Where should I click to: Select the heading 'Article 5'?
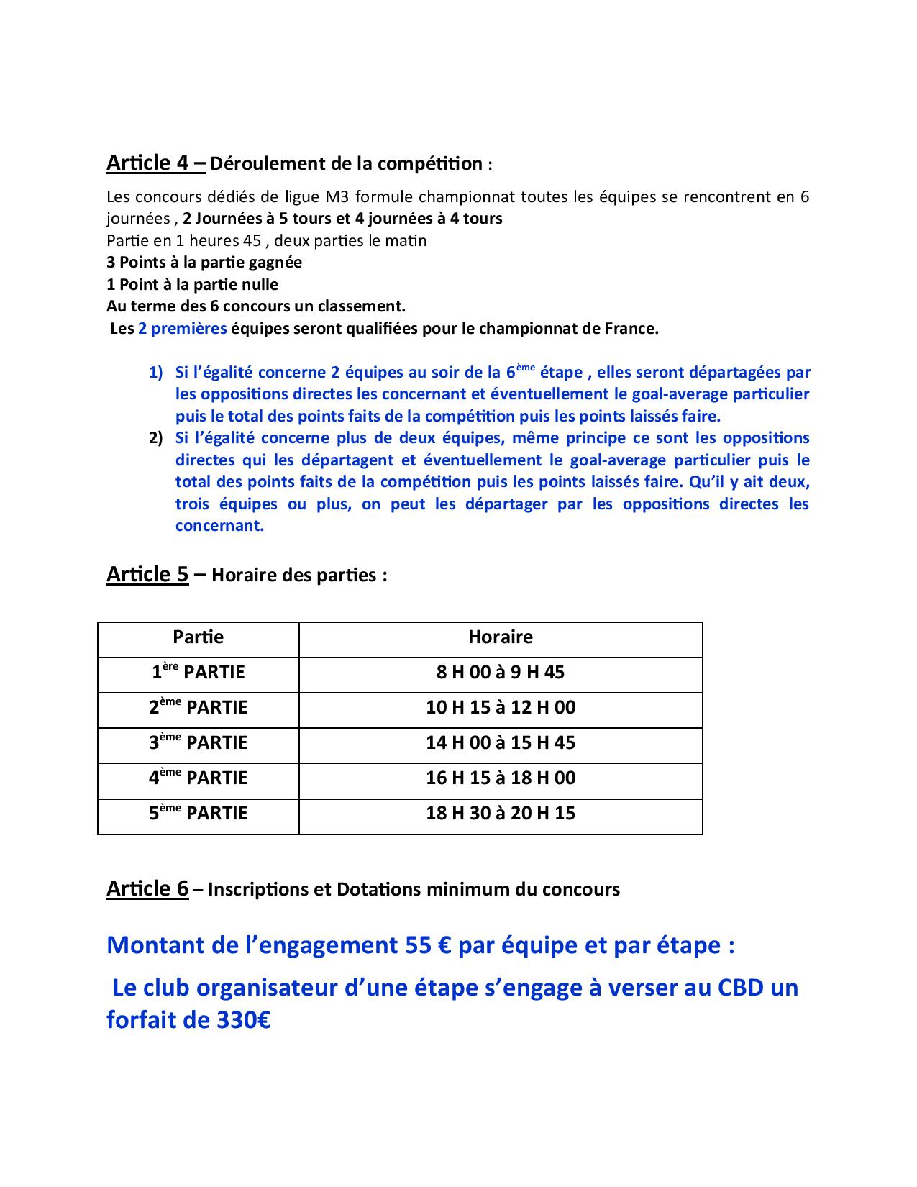(147, 574)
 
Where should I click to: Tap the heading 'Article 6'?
(147, 888)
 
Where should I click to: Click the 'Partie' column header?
(198, 637)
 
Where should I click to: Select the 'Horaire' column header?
(501, 637)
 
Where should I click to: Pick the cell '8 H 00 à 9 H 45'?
(501, 672)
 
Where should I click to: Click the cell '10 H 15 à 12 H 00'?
(501, 707)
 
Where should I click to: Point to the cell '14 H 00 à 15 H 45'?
(501, 742)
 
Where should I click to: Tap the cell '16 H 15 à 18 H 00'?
(501, 778)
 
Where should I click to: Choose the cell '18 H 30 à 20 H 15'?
(501, 813)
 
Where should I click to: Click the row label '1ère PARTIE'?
(198, 672)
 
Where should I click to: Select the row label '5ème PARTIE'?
(198, 813)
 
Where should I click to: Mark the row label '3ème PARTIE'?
(198, 742)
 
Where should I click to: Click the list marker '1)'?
(156, 373)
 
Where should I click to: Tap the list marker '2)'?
(156, 438)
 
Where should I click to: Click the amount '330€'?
(244, 1020)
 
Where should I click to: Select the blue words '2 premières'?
(182, 329)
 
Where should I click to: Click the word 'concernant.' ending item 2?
(219, 525)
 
